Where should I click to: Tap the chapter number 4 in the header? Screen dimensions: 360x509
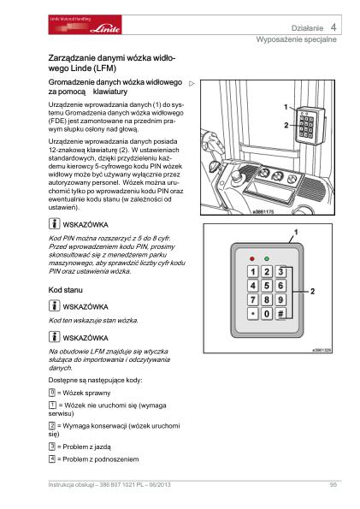[x=333, y=27]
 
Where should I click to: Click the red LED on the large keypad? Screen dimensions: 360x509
[x=252, y=258]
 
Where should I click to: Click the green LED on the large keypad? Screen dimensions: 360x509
[x=267, y=258]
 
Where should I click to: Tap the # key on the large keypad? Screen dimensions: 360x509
[x=280, y=314]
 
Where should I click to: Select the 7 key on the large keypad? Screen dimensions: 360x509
[x=252, y=299]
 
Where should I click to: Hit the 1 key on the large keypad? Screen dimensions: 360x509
[x=252, y=271]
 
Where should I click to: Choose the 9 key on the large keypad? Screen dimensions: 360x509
[x=280, y=299]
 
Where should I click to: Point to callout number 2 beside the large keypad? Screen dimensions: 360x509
[x=312, y=291]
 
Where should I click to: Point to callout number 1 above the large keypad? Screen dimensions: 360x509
[x=296, y=232]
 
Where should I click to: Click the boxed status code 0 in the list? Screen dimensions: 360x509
[x=52, y=393]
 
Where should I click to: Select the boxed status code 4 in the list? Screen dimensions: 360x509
[x=52, y=459]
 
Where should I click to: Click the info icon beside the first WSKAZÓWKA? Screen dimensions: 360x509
[x=54, y=224]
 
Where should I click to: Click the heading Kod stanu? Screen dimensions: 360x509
[x=66, y=290]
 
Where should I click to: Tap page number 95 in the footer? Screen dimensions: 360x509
[x=333, y=485]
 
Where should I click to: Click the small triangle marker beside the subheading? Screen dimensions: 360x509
[x=192, y=84]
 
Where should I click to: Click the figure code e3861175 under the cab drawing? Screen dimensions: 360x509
[x=263, y=212]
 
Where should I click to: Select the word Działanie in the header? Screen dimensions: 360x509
[x=307, y=28]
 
